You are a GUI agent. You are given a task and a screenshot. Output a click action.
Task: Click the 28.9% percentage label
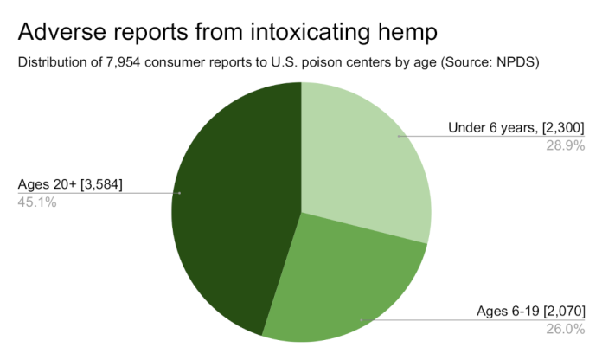click(566, 146)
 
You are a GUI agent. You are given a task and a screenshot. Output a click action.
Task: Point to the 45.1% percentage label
click(37, 202)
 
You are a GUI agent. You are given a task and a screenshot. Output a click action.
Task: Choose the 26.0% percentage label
click(566, 329)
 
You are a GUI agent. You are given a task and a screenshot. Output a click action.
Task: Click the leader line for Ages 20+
click(99, 193)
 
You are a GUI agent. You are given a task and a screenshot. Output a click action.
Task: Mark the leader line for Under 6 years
click(491, 137)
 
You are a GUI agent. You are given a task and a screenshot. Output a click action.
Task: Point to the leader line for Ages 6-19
click(473, 319)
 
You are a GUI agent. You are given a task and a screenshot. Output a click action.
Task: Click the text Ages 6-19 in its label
click(508, 311)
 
